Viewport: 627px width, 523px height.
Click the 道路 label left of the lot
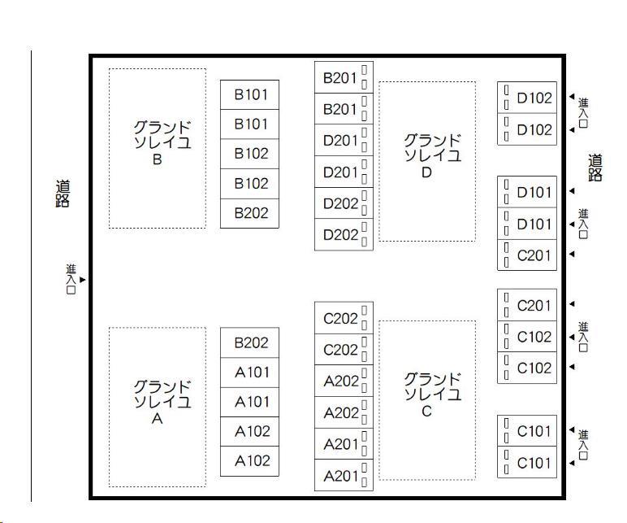click(x=63, y=194)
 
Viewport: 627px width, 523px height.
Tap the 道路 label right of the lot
click(x=595, y=168)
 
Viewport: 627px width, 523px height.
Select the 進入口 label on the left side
click(x=71, y=279)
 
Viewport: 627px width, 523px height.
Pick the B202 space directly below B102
click(x=250, y=213)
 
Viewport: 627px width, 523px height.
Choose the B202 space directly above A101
click(x=250, y=342)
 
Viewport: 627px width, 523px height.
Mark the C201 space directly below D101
click(x=534, y=255)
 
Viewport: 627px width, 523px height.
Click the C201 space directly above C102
click(x=534, y=305)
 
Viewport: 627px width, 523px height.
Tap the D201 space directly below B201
click(x=339, y=140)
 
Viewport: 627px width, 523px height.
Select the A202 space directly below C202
click(x=339, y=381)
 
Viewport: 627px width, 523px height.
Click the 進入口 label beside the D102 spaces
click(x=583, y=113)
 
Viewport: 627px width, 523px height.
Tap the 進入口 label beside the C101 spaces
click(x=583, y=446)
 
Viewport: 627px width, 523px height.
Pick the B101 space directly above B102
click(x=250, y=124)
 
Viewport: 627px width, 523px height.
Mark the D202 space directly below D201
click(x=339, y=203)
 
